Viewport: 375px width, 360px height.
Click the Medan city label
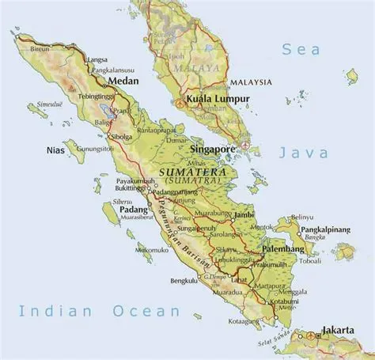click(123, 81)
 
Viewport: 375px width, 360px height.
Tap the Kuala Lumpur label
click(218, 100)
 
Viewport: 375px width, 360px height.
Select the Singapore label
click(214, 148)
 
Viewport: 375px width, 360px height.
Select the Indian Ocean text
click(100, 310)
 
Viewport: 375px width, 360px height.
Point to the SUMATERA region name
click(193, 171)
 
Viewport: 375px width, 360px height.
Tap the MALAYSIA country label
click(252, 81)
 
